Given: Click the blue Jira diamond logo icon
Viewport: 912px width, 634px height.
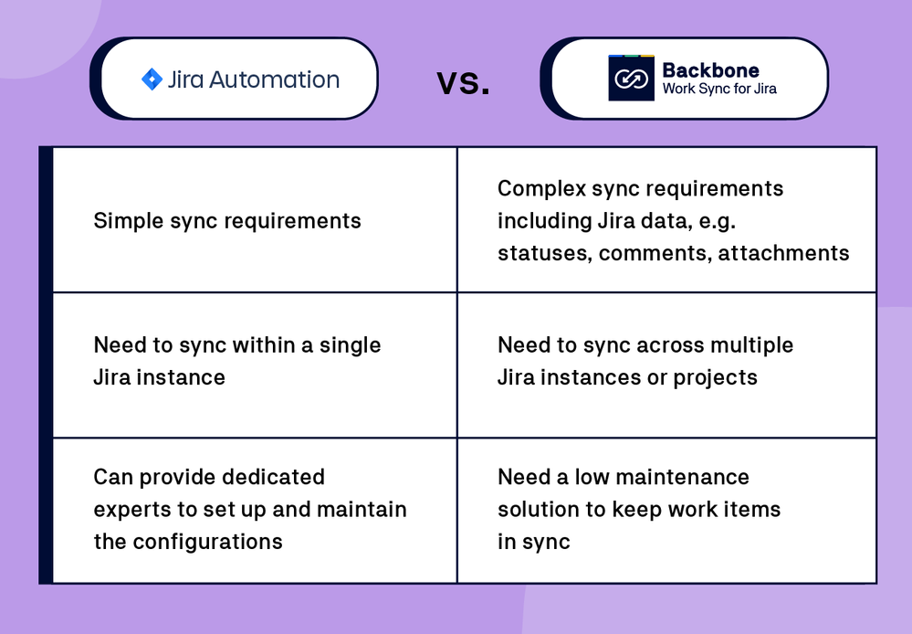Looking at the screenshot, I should point(152,79).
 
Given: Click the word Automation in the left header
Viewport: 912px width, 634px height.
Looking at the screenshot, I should point(274,79).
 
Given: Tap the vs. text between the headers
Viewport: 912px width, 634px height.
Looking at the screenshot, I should point(463,82).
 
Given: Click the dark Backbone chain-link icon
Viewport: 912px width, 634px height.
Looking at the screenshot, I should point(631,79).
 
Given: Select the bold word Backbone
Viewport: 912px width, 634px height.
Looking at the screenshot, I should point(710,69).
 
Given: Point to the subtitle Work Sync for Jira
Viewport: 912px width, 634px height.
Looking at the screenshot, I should point(719,90).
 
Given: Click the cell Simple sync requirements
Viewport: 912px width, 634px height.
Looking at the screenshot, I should point(227,221).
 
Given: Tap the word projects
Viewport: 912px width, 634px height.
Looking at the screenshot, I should point(715,377).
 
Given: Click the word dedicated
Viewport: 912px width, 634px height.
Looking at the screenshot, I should point(271,477).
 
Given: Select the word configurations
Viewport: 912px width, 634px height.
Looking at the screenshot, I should point(208,542).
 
